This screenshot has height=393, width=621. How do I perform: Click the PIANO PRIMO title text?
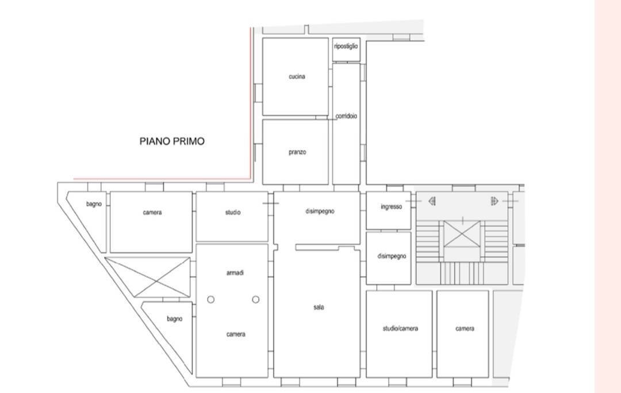click(172, 142)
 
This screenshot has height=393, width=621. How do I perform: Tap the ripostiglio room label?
click(346, 47)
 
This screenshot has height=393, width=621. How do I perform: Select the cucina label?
click(297, 77)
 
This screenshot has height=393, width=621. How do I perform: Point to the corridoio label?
click(346, 116)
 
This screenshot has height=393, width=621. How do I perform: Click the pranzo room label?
click(297, 152)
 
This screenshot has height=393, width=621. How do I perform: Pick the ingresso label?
click(391, 207)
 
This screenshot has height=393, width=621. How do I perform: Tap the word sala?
click(319, 307)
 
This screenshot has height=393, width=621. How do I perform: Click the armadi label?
click(235, 273)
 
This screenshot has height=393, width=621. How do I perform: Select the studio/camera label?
click(400, 329)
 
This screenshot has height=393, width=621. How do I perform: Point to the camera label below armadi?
click(236, 334)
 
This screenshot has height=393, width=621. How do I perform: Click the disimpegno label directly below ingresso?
click(392, 256)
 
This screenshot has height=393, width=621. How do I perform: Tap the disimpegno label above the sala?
click(320, 212)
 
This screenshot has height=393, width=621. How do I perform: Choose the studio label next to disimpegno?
click(233, 213)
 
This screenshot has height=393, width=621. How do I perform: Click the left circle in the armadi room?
click(210, 300)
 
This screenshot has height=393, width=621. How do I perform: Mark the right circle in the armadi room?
click(255, 300)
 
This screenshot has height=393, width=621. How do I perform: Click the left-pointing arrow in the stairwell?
click(432, 201)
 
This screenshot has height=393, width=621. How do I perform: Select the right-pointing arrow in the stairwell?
click(494, 201)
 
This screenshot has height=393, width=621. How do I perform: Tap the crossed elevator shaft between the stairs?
click(462, 234)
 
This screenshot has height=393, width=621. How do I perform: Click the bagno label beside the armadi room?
click(174, 319)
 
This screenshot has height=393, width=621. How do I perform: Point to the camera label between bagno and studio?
click(152, 213)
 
